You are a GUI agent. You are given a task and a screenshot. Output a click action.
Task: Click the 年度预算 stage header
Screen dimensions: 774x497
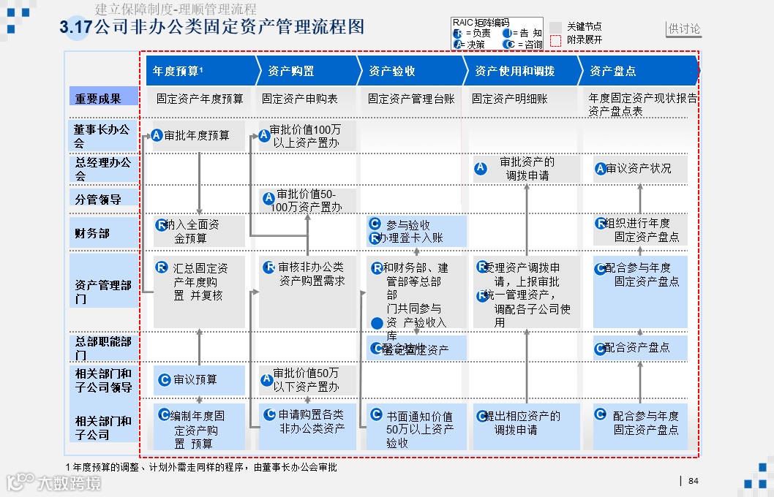point(176,71)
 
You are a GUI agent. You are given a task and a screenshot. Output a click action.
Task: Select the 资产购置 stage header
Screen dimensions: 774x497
point(291,71)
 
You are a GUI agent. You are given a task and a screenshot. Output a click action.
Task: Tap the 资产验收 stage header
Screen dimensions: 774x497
point(392,71)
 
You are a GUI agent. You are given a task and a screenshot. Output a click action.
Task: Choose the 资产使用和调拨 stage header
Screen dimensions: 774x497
point(515,71)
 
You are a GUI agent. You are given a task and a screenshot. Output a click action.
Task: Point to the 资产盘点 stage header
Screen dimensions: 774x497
point(613,71)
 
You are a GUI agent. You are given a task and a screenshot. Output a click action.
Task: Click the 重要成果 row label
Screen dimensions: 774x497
point(103,97)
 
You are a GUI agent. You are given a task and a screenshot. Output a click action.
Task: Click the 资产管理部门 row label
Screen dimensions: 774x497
point(103,292)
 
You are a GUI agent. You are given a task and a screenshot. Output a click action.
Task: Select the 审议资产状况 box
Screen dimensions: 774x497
point(639,169)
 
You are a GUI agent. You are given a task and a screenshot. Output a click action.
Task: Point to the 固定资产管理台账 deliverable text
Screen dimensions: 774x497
point(411,99)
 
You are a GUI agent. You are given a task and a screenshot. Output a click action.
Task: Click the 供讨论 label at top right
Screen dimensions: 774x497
point(684,29)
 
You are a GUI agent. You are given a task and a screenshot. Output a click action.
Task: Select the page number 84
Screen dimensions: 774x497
point(694,481)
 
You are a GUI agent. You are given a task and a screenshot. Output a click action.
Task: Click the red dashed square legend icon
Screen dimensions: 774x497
point(556,40)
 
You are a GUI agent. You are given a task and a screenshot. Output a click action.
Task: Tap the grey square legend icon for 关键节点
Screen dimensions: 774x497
point(556,27)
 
